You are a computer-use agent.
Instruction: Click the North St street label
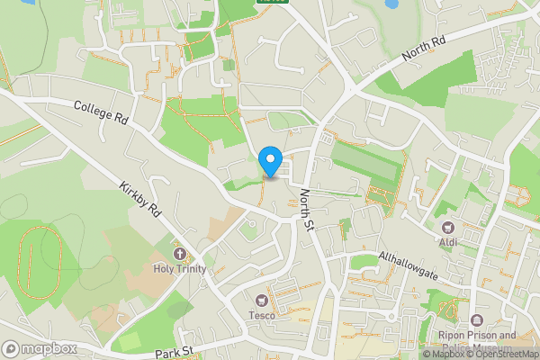(x=306, y=209)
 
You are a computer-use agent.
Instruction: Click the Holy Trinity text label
(x=179, y=269)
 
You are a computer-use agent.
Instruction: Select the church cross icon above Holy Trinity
(x=179, y=254)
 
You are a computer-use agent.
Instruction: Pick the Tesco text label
(x=263, y=315)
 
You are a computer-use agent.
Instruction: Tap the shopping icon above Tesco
(x=263, y=300)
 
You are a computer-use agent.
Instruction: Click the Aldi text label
(x=448, y=242)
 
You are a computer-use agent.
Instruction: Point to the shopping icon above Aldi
(x=448, y=227)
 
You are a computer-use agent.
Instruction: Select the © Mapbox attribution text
(x=444, y=354)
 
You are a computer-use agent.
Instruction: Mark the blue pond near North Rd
(x=391, y=4)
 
